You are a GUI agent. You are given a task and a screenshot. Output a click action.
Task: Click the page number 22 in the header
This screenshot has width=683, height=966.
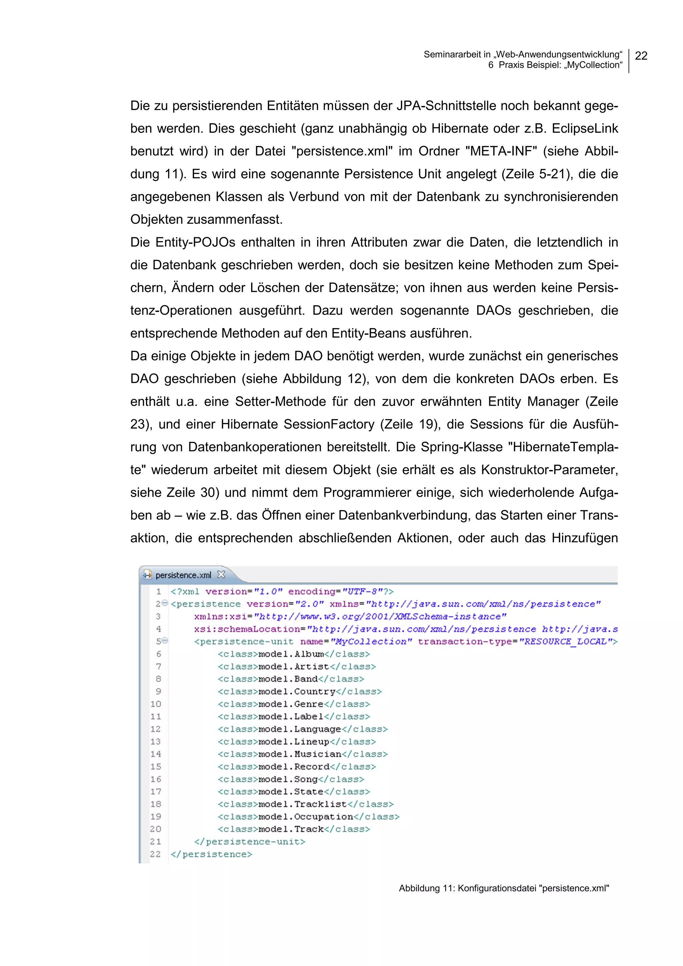click(x=641, y=56)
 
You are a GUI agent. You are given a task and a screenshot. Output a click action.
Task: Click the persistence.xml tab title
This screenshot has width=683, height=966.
click(x=183, y=575)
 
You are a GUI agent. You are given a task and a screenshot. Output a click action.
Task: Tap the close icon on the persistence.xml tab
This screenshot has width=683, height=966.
click(x=221, y=574)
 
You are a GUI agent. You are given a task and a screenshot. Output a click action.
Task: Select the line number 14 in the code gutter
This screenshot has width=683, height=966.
click(x=156, y=754)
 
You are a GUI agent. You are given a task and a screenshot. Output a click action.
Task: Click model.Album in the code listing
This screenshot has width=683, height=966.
click(x=291, y=654)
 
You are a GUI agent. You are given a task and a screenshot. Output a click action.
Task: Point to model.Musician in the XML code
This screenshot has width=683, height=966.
click(x=299, y=754)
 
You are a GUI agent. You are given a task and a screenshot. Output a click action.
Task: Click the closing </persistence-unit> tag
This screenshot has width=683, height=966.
click(x=249, y=841)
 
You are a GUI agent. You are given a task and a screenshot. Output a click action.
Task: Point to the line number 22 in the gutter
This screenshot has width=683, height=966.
click(x=155, y=854)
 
